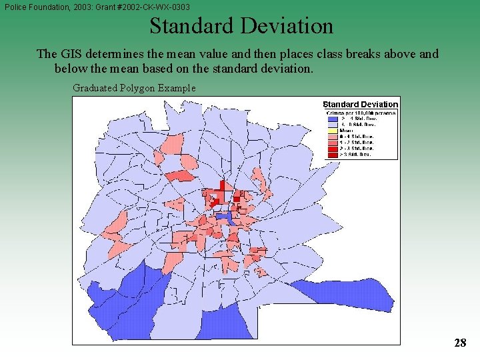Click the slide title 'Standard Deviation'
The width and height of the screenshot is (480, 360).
(241, 26)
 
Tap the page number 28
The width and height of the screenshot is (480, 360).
(459, 343)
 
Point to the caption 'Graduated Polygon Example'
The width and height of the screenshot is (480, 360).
(134, 87)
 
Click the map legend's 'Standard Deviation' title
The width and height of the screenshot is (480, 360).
(360, 104)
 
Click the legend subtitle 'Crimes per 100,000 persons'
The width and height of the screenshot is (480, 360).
(361, 113)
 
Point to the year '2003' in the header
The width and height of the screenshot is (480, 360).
(87, 7)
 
